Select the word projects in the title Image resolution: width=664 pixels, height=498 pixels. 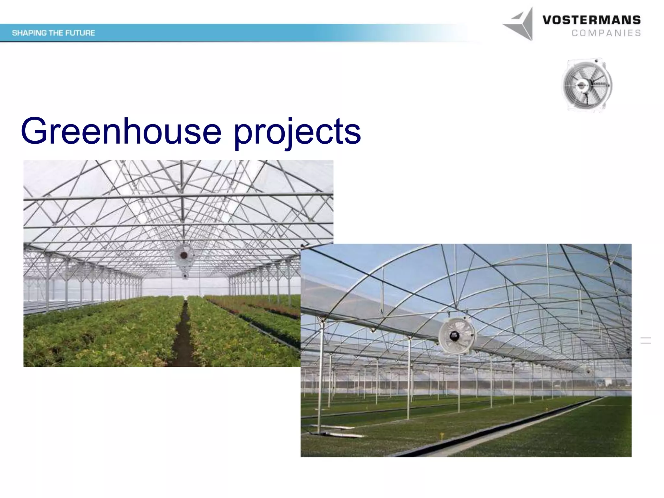point(297,132)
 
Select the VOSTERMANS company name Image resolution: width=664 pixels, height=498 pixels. point(591,20)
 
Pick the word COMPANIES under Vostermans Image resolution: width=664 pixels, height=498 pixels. point(606,33)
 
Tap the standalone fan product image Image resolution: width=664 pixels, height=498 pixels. point(587,85)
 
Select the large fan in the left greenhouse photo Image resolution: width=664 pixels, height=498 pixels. point(184,256)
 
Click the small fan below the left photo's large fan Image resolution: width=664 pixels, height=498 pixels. point(185,276)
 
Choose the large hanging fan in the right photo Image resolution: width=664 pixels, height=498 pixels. point(457,335)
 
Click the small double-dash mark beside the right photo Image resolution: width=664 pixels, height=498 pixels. point(646,340)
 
